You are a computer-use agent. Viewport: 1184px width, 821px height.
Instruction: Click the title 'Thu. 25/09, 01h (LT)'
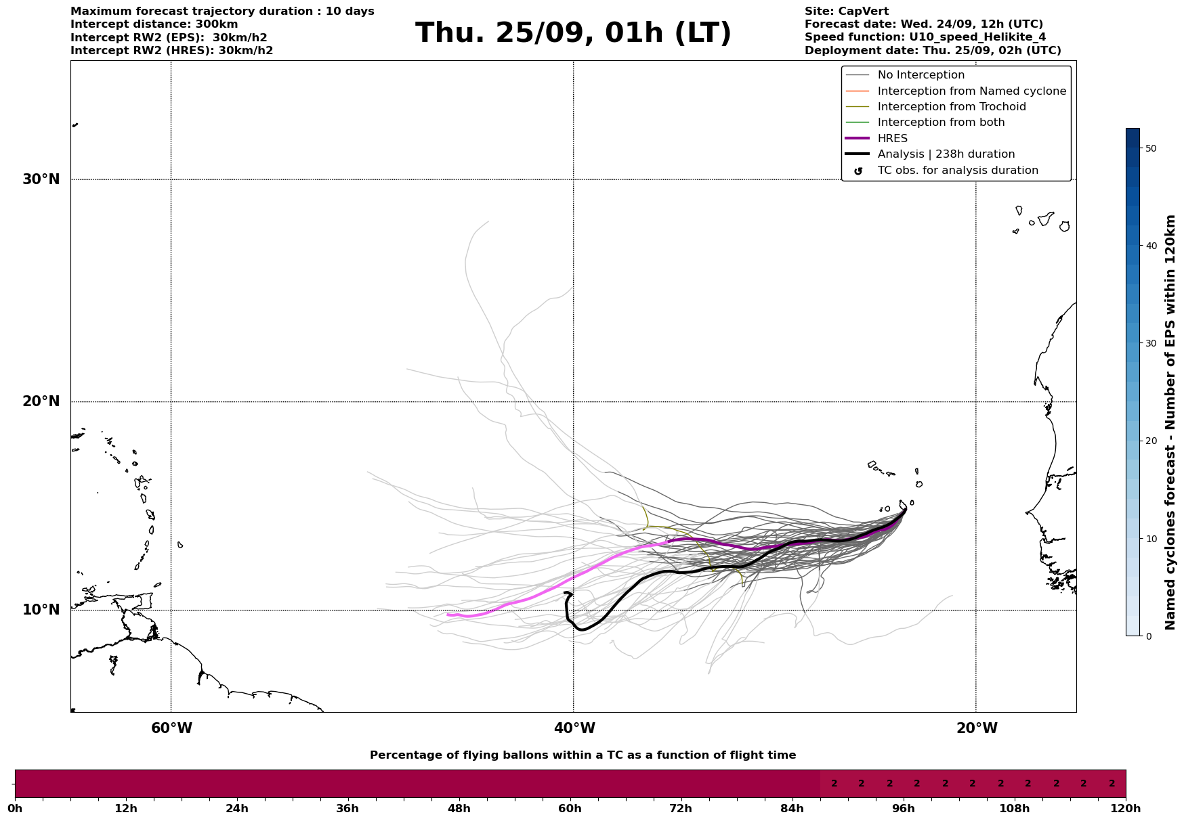(573, 33)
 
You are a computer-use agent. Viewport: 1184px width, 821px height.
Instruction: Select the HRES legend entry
(892, 139)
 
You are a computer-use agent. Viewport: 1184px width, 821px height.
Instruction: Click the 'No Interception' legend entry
(921, 75)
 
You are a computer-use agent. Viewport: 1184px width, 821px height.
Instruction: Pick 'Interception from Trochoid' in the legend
(951, 107)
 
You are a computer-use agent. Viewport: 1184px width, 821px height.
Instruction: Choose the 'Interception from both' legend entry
(941, 123)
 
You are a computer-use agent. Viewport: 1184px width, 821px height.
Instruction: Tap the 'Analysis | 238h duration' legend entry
(946, 154)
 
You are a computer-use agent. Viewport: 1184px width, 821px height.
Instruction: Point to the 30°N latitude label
(41, 179)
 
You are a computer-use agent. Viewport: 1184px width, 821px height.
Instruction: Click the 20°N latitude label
(41, 401)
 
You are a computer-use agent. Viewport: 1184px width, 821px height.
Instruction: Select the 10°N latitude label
(41, 610)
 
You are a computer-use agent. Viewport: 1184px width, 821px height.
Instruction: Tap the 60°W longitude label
(171, 728)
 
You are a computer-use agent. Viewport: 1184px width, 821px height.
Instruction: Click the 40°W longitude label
(574, 728)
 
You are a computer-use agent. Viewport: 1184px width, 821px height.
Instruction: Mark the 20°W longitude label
(977, 728)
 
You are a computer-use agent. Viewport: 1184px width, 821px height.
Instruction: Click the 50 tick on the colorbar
(1150, 148)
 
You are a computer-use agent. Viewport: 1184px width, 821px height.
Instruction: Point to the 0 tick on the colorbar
(1148, 636)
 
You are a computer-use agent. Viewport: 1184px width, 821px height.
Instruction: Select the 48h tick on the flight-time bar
(459, 809)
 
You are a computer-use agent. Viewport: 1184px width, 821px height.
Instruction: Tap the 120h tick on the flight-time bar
(1125, 809)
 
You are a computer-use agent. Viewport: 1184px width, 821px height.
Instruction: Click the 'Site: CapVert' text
(846, 12)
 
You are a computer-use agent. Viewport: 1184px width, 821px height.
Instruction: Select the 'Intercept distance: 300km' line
(154, 24)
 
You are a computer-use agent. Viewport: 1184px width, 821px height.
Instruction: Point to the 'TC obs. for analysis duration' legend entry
(957, 171)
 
